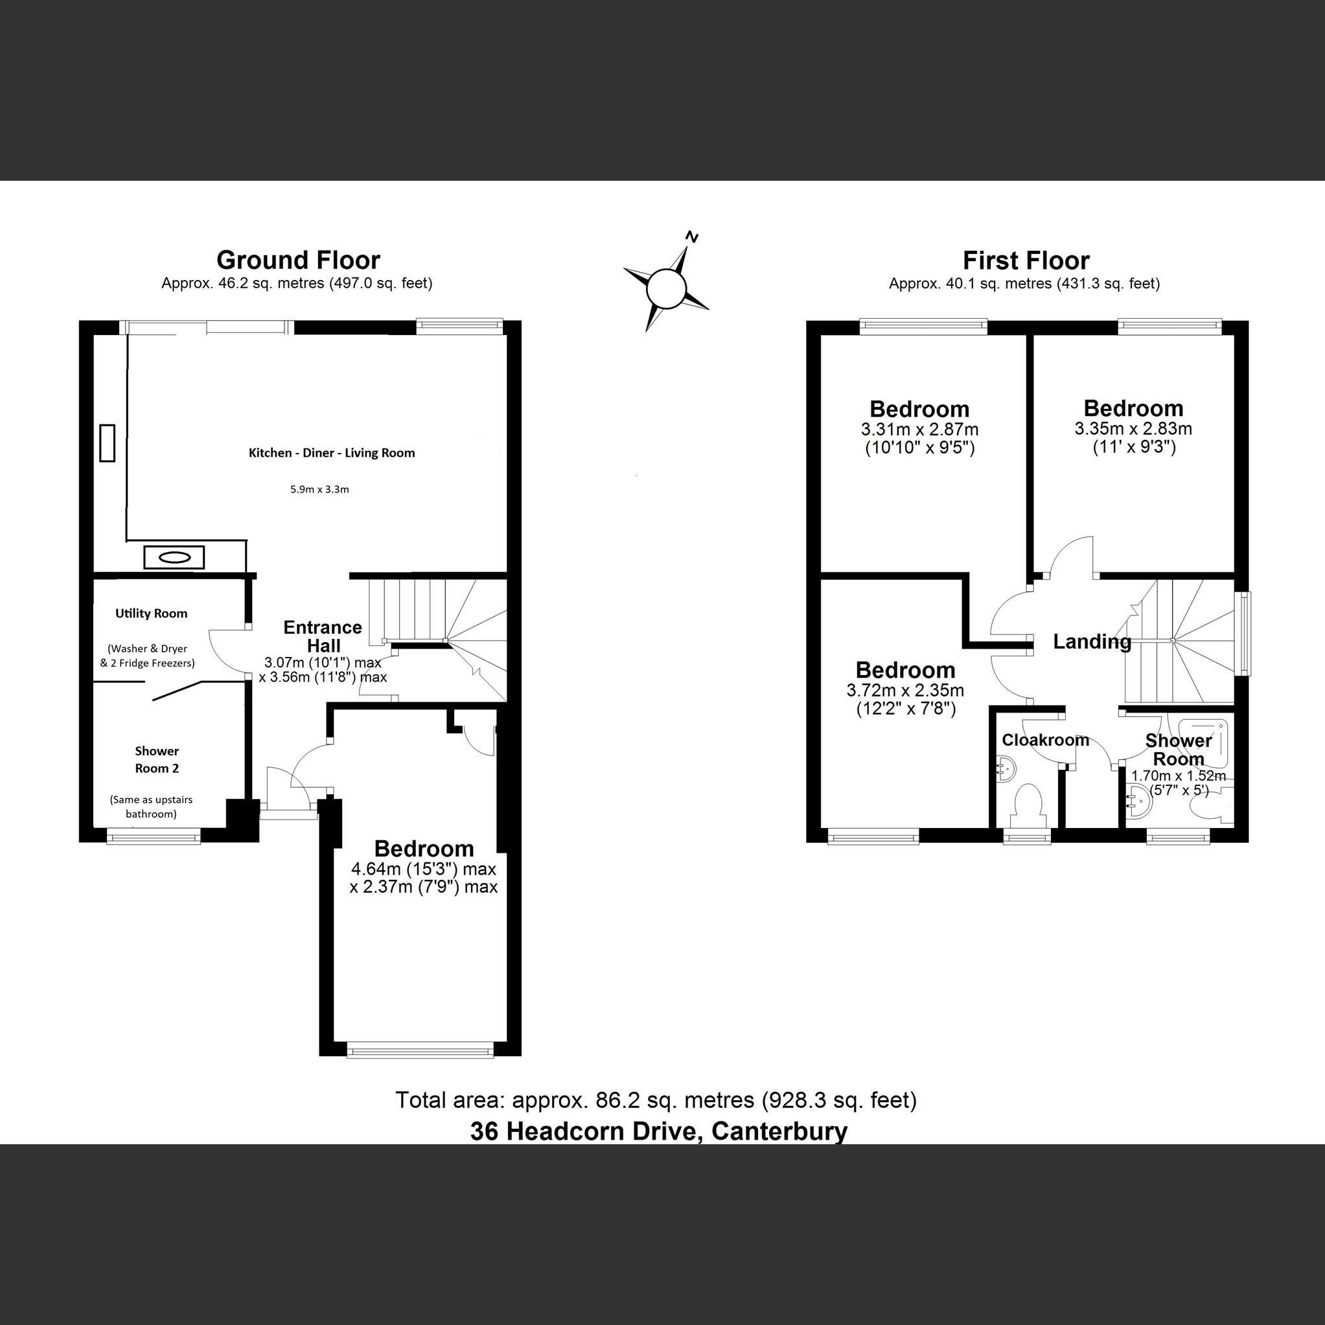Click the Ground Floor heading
click(x=297, y=260)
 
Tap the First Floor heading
click(x=1025, y=260)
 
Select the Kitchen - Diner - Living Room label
click(x=331, y=453)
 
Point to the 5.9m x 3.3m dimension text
click(x=319, y=490)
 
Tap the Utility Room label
click(x=151, y=613)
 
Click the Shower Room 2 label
click(x=156, y=759)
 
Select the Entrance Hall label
click(x=322, y=636)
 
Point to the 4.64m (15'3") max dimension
click(x=423, y=869)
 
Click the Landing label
click(x=1092, y=642)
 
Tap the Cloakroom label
click(x=1045, y=740)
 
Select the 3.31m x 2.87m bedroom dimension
click(x=919, y=430)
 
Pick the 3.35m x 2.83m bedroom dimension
click(x=1133, y=430)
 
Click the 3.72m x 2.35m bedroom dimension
click(x=905, y=690)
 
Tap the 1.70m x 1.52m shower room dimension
click(x=1177, y=776)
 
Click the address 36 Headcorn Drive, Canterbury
click(x=658, y=1131)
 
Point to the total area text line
click(x=656, y=1100)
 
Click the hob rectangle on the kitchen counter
click(x=107, y=443)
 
